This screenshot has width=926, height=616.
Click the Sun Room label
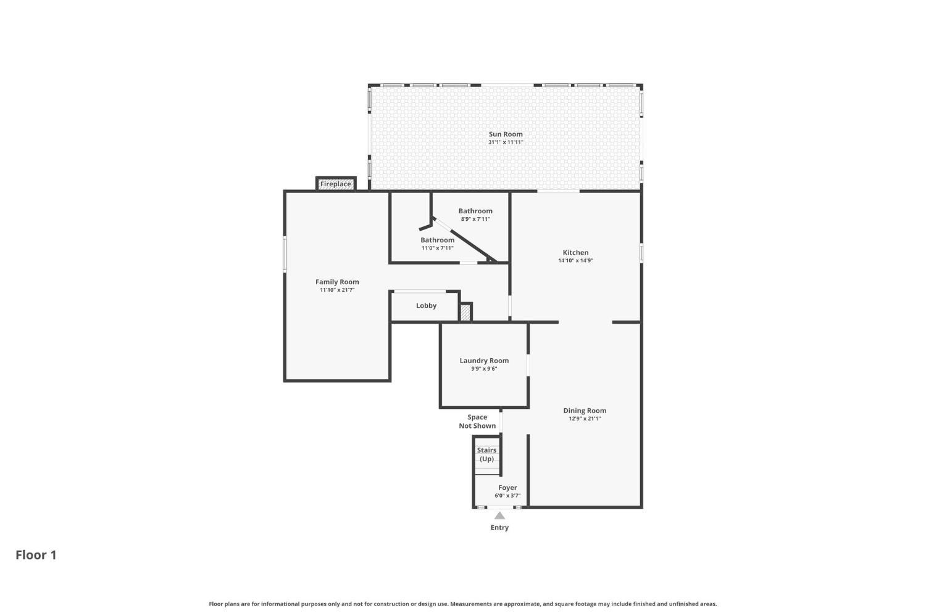point(506,134)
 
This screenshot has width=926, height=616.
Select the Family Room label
point(337,282)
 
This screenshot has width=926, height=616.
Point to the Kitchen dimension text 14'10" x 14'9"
point(575,260)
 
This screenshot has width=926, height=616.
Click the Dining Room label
point(585,411)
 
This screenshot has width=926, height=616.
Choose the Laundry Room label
point(484,361)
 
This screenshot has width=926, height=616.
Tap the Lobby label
point(426,306)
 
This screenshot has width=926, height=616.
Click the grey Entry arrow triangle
point(499,515)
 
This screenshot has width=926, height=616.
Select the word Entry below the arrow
point(499,528)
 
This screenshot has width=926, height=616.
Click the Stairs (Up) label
point(486,454)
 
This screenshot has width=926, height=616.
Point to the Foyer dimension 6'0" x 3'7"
point(507,496)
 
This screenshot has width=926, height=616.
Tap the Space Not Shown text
point(477,422)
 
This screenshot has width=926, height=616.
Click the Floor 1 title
point(36,556)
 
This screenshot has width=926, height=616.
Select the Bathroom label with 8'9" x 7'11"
point(475,211)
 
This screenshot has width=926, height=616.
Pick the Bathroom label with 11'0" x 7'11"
point(437,240)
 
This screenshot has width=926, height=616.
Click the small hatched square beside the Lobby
point(465,312)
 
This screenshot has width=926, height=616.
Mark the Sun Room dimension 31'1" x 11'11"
point(506,142)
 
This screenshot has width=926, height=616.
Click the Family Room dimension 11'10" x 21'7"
point(337,290)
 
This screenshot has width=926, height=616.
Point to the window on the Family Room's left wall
point(285,254)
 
